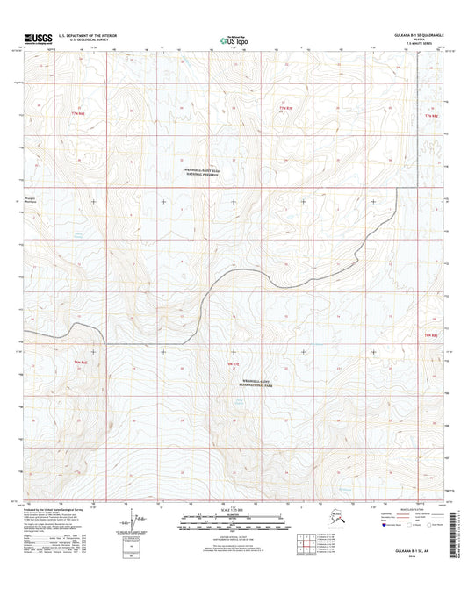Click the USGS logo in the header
(37, 39)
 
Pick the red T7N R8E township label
(429, 115)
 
